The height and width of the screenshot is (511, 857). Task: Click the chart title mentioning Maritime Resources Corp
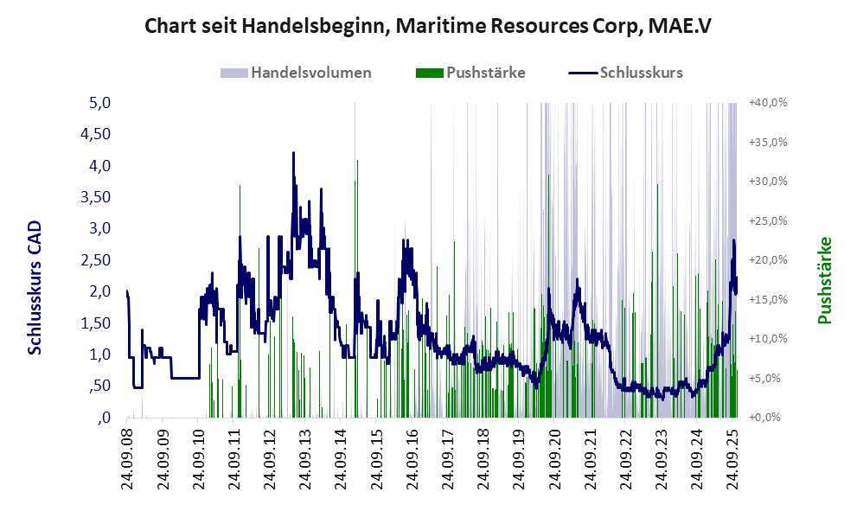(x=428, y=25)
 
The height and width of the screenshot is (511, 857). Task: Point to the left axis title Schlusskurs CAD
(x=35, y=287)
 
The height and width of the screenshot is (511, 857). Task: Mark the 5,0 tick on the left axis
(x=101, y=103)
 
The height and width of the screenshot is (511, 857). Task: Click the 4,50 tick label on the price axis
(x=96, y=134)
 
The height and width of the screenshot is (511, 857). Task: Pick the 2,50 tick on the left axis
(x=96, y=260)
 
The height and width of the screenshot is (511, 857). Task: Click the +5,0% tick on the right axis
(x=769, y=378)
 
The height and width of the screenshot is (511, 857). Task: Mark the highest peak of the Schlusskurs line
(x=294, y=153)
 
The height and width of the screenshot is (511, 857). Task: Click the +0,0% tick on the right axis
(x=769, y=418)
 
